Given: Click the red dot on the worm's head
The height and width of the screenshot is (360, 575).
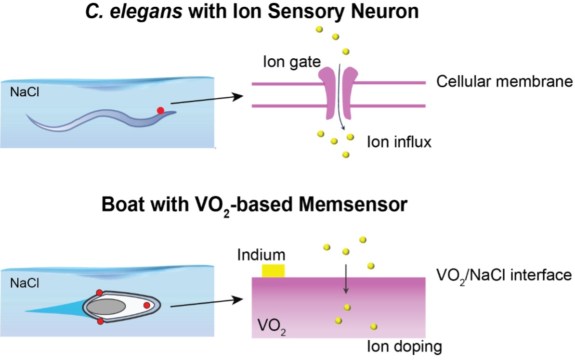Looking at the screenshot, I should click(x=160, y=111).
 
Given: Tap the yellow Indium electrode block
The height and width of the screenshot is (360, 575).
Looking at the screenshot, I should click(x=273, y=270).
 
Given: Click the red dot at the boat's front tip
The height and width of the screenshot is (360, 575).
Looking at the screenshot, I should click(x=147, y=305).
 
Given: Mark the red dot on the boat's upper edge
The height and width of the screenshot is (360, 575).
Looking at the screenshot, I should click(x=99, y=292).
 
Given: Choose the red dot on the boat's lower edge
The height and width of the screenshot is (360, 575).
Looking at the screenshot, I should click(x=100, y=321).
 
